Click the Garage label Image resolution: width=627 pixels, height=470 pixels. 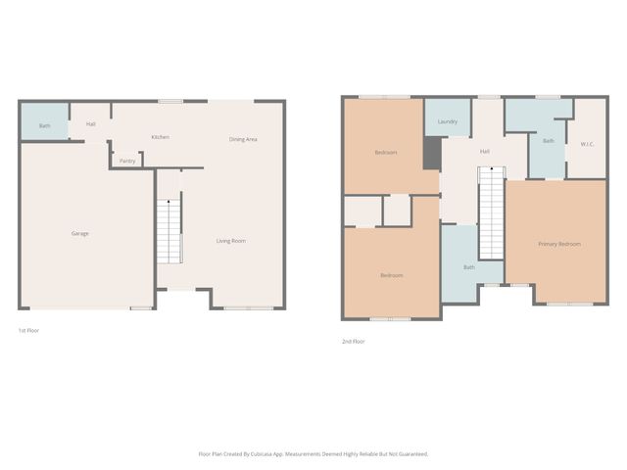[80, 233]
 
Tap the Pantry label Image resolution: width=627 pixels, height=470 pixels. [127, 161]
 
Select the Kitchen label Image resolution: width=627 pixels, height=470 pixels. [161, 137]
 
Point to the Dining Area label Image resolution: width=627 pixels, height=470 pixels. [243, 139]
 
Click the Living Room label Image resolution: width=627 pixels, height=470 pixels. [231, 241]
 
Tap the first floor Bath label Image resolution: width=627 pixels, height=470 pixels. [44, 125]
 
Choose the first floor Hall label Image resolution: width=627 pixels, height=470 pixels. [91, 124]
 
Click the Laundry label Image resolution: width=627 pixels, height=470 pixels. [449, 121]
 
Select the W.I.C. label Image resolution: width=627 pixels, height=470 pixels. [588, 144]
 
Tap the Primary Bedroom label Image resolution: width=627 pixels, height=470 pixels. [559, 244]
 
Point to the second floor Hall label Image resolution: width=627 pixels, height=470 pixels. [484, 152]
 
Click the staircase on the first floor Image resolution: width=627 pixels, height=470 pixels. [170, 230]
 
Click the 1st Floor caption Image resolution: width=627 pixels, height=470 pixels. [28, 331]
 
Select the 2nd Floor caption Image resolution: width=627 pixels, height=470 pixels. [353, 342]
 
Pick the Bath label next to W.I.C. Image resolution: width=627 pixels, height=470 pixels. [549, 141]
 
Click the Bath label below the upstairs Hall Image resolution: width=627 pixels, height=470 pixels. [469, 267]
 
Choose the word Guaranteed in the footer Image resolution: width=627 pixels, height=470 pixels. [412, 454]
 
